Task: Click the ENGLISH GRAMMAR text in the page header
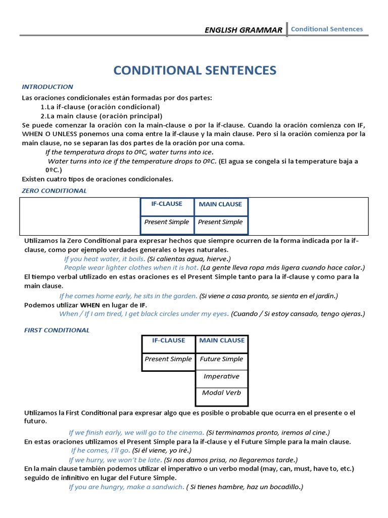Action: pos(243,30)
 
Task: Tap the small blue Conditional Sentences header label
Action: pos(327,29)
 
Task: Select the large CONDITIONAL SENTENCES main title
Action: pos(194,70)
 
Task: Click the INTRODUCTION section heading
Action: pos(47,87)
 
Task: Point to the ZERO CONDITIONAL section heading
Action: pos(54,191)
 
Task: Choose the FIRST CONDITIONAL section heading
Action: pos(57,330)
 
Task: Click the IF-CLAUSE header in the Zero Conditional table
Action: pos(167,204)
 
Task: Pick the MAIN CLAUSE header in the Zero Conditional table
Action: pos(220,204)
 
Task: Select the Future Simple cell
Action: pos(221,359)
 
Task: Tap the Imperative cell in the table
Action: pos(221,376)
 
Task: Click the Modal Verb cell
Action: pos(221,393)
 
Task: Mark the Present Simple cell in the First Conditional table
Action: pos(168,359)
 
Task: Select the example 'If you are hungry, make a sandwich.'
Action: pos(126,487)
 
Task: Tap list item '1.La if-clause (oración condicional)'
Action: pos(100,107)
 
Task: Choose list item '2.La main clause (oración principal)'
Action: pos(101,116)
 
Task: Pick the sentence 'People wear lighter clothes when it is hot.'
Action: pos(131,268)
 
